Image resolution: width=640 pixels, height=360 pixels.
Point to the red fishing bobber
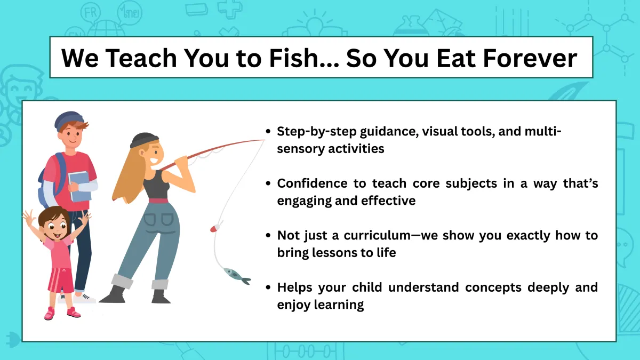tap(215, 228)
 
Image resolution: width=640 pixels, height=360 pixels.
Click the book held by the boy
tap(79, 187)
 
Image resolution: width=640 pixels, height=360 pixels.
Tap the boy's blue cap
tap(69, 121)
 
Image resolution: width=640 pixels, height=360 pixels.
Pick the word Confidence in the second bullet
tap(313, 183)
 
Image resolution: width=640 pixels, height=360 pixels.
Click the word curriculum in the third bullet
tap(377, 235)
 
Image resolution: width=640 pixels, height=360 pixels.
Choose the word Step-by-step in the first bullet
tap(317, 132)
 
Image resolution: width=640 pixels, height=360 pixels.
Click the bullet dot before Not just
tap(268, 235)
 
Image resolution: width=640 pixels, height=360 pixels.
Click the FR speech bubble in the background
tap(91, 13)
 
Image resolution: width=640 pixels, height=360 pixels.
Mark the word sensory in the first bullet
tap(301, 149)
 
